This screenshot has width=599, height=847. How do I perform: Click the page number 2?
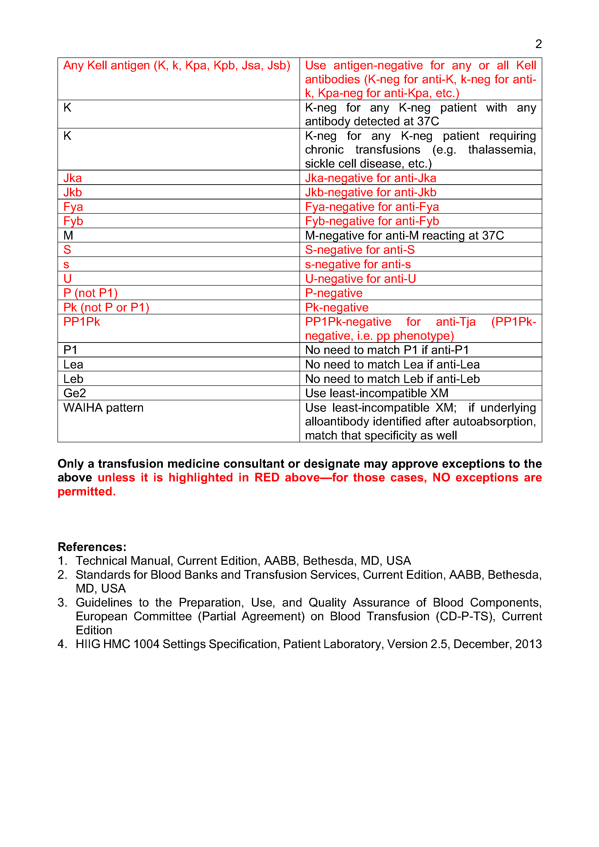pyautogui.click(x=538, y=44)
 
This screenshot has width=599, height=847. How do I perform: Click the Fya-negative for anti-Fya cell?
pyautogui.click(x=372, y=207)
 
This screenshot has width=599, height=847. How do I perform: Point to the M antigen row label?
pyautogui.click(x=68, y=235)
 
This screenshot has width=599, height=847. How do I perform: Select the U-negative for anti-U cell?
pyautogui.click(x=360, y=279)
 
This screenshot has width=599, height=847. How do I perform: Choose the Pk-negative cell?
pyautogui.click(x=337, y=308)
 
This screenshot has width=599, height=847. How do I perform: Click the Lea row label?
pyautogui.click(x=73, y=365)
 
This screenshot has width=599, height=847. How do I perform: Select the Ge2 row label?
pyautogui.click(x=75, y=393)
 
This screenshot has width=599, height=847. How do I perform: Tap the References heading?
pyautogui.click(x=92, y=547)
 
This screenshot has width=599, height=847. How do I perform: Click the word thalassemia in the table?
pyautogui.click(x=502, y=150)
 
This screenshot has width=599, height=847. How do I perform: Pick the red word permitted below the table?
pyautogui.click(x=86, y=492)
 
